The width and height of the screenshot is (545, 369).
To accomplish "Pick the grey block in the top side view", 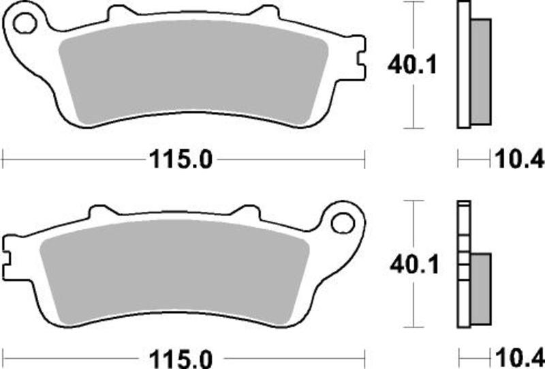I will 481,71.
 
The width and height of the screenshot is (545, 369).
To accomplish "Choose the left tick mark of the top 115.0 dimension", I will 3,161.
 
